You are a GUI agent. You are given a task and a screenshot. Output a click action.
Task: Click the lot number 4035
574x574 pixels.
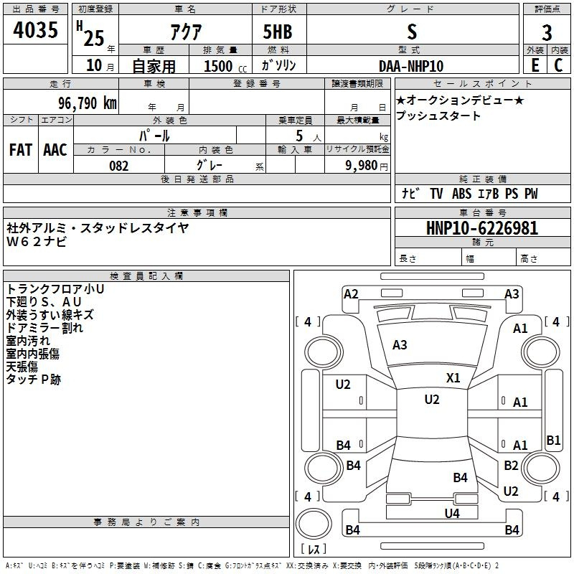35,30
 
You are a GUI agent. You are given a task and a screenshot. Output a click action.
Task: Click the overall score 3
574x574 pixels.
547,32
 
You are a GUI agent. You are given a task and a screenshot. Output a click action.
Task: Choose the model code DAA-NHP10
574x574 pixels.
411,66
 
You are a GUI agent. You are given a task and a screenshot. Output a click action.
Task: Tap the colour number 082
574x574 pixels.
119,166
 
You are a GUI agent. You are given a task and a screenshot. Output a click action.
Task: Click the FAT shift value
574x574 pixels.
20,150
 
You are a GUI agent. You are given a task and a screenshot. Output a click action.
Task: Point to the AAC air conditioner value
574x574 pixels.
55,150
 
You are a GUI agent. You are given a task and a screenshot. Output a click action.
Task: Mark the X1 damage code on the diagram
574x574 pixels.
453,377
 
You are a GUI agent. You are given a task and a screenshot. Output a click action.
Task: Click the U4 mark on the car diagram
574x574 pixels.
451,513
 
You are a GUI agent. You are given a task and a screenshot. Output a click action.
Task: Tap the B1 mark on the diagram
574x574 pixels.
553,441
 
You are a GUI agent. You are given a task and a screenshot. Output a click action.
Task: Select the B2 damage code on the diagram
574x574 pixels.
511,466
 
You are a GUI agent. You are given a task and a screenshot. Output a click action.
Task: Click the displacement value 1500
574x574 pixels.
218,66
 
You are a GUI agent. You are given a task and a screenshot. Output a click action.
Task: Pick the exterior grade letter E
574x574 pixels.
534,66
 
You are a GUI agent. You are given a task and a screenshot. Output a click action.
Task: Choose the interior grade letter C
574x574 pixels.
558,66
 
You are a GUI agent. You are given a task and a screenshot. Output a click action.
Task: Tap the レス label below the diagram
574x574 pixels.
314,550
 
